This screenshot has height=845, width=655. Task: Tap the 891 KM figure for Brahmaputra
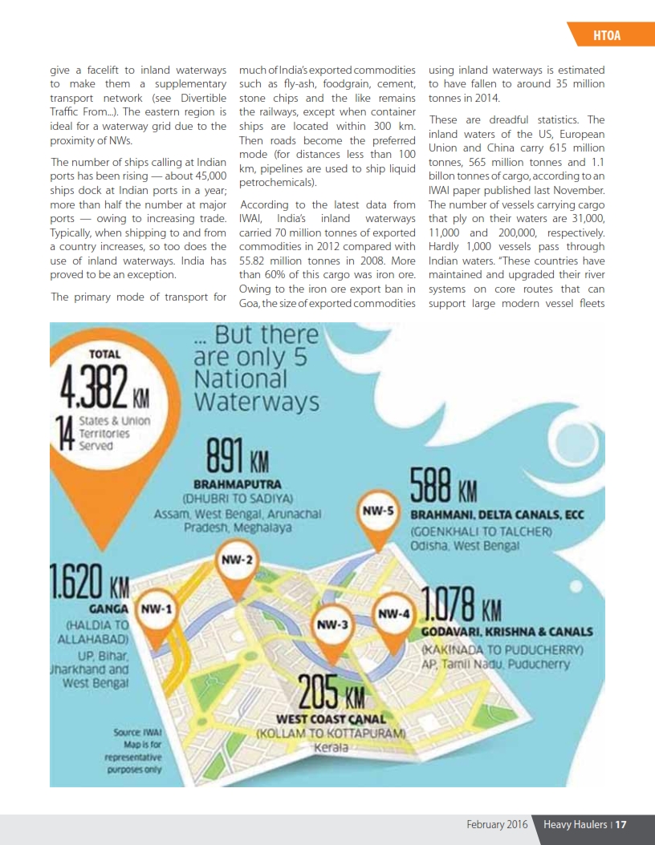[x=237, y=458]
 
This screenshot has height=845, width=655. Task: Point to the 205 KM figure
[x=332, y=691]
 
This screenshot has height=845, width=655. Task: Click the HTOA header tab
[x=607, y=35]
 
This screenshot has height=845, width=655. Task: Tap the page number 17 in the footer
[x=621, y=824]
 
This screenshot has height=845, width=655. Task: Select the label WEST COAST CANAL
[x=330, y=719]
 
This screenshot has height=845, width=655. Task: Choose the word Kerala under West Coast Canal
[x=330, y=747]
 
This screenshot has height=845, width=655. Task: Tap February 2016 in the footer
[x=498, y=824]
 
